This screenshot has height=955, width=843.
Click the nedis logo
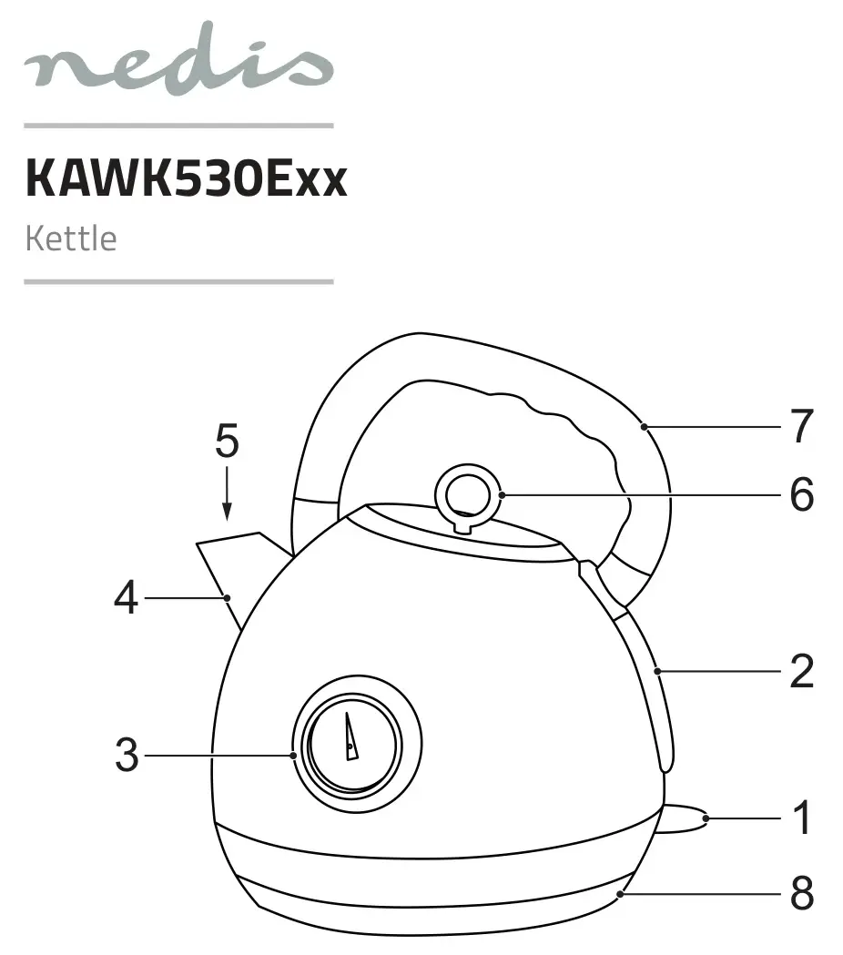pyautogui.click(x=178, y=59)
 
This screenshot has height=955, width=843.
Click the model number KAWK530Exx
pyautogui.click(x=187, y=178)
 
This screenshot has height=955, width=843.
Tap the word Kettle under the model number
pyautogui.click(x=71, y=239)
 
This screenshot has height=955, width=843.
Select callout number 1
pyautogui.click(x=802, y=818)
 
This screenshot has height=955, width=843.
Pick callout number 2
pyautogui.click(x=802, y=671)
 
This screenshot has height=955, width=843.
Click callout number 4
pyautogui.click(x=126, y=597)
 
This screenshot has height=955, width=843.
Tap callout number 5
pyautogui.click(x=227, y=441)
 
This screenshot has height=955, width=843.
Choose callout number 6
pyautogui.click(x=802, y=494)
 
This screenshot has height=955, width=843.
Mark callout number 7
pyautogui.click(x=802, y=426)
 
